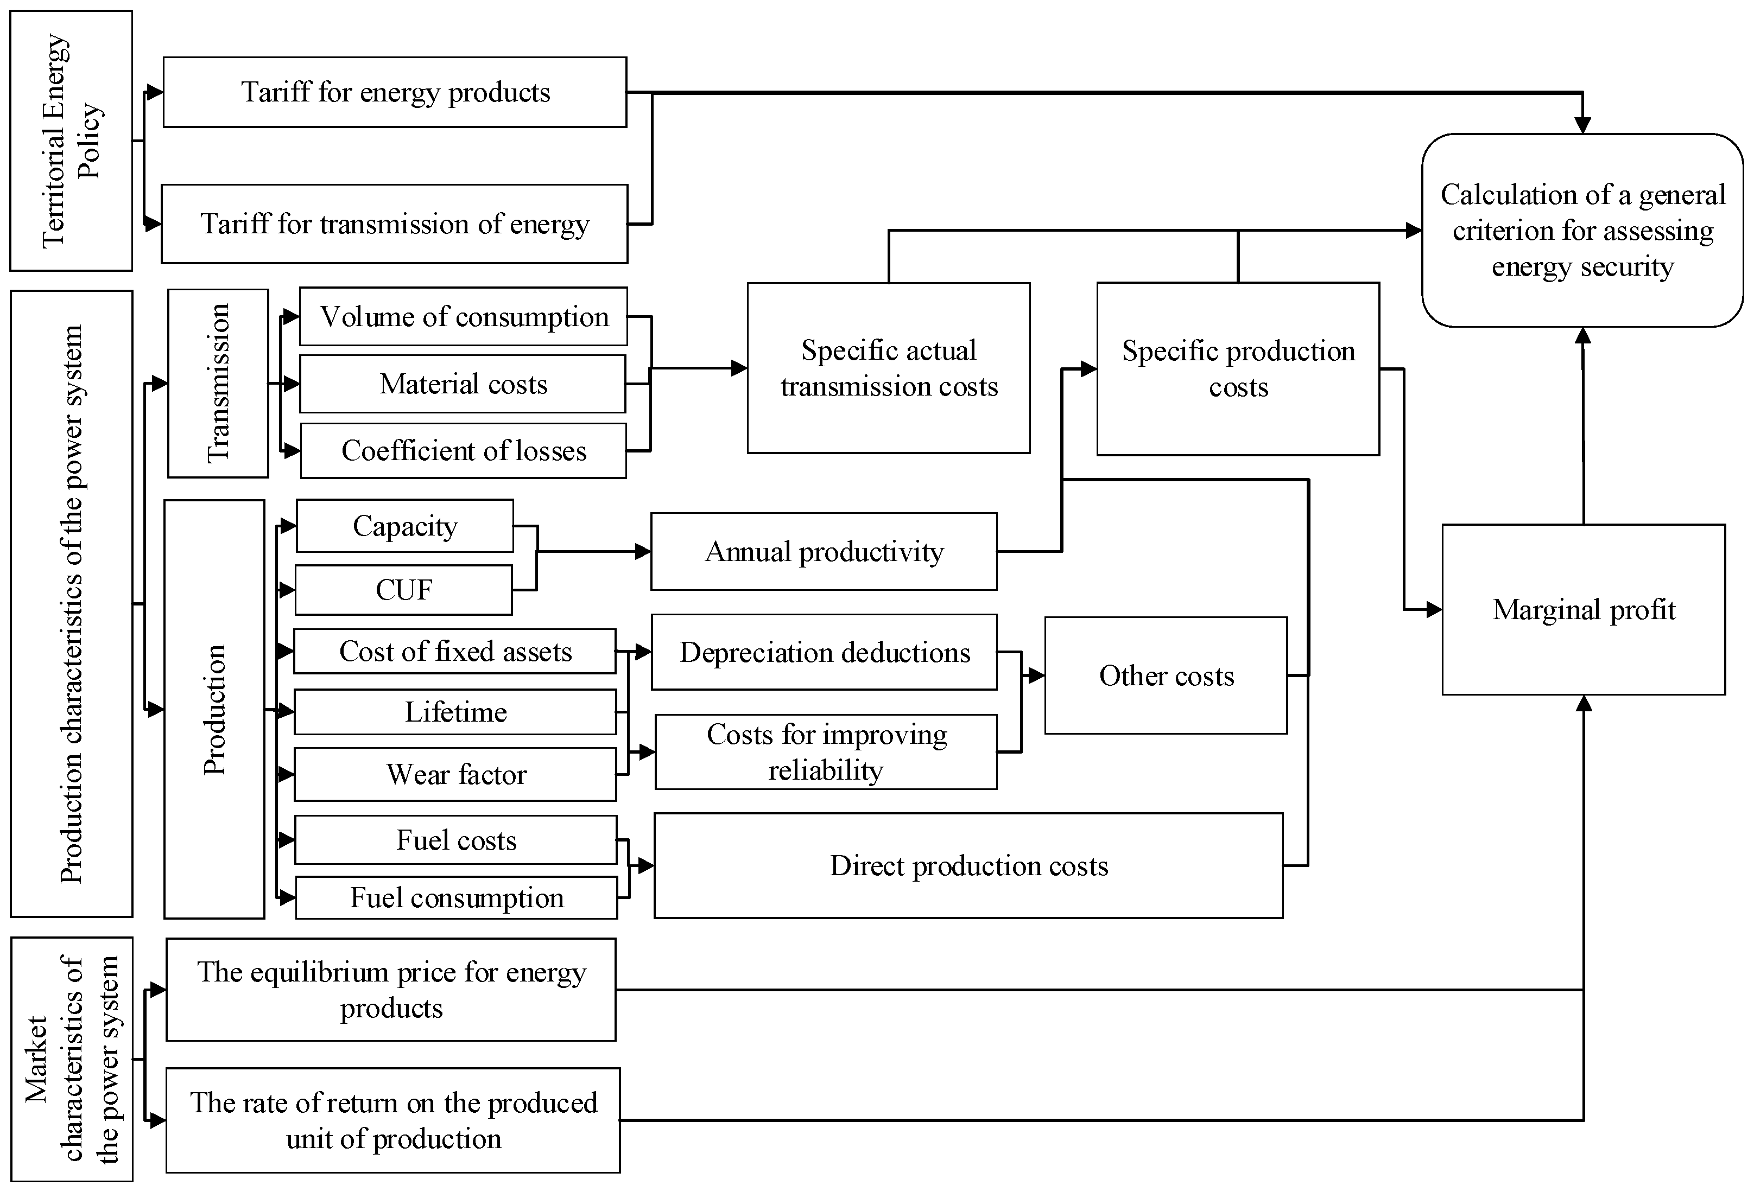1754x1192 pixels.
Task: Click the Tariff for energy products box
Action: click(395, 92)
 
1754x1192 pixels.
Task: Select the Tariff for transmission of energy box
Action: click(395, 224)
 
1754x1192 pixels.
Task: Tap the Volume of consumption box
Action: click(464, 317)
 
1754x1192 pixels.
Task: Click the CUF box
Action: click(404, 590)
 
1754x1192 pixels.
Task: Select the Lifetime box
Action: click(455, 711)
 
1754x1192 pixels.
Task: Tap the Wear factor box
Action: click(455, 774)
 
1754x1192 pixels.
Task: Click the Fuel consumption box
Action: click(456, 898)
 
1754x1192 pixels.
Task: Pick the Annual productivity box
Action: click(824, 551)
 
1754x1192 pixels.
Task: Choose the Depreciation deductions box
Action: click(824, 652)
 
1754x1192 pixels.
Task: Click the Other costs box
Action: click(1166, 675)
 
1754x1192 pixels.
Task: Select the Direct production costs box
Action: click(968, 865)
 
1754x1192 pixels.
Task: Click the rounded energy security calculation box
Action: click(1582, 230)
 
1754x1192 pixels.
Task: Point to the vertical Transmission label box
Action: click(218, 383)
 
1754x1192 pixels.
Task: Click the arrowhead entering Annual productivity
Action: click(644, 551)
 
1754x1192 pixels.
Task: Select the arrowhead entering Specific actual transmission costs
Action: click(739, 368)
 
